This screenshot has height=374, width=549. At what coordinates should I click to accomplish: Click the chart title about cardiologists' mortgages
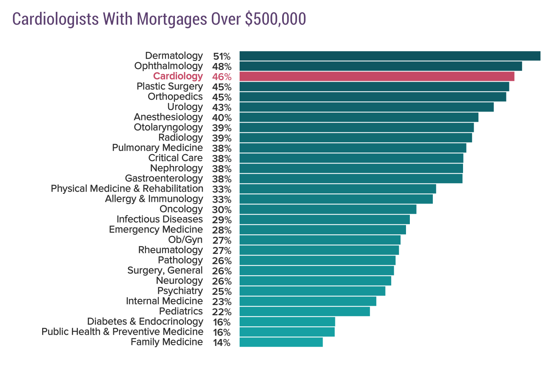pyautogui.click(x=159, y=19)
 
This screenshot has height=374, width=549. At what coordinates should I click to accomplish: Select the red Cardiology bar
pyautogui.click(x=377, y=76)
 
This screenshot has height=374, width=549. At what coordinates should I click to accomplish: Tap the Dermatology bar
pyautogui.click(x=390, y=56)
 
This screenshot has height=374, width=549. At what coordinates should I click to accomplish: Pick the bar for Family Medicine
pyautogui.click(x=281, y=342)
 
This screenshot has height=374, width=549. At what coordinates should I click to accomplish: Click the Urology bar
pyautogui.click(x=366, y=107)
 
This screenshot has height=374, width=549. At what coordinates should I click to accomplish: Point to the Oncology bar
pyautogui.click(x=328, y=209)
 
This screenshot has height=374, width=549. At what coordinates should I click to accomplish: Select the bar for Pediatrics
pyautogui.click(x=305, y=311)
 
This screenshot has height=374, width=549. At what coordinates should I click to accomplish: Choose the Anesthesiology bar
pyautogui.click(x=359, y=117)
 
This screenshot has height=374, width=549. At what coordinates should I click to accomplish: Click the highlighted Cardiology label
pyautogui.click(x=178, y=76)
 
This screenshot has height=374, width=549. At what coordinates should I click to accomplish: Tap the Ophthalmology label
pyautogui.click(x=169, y=66)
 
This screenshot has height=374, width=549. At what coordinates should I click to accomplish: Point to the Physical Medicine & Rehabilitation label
pyautogui.click(x=127, y=189)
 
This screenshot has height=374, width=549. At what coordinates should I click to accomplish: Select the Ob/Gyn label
pyautogui.click(x=186, y=240)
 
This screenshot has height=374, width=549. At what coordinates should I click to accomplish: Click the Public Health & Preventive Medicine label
pyautogui.click(x=122, y=332)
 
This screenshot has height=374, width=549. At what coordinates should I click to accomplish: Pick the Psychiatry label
pyautogui.click(x=180, y=291)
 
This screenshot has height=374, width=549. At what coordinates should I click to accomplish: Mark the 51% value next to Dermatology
pyautogui.click(x=222, y=56)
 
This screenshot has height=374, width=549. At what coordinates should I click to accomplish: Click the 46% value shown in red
pyautogui.click(x=222, y=77)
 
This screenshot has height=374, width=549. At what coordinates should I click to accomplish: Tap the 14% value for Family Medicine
pyautogui.click(x=222, y=342)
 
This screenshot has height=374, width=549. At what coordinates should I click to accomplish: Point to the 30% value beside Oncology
pyautogui.click(x=222, y=210)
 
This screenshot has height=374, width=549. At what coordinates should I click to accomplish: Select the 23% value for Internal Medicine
pyautogui.click(x=222, y=302)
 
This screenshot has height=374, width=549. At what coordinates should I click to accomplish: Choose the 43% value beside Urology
pyautogui.click(x=222, y=107)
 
